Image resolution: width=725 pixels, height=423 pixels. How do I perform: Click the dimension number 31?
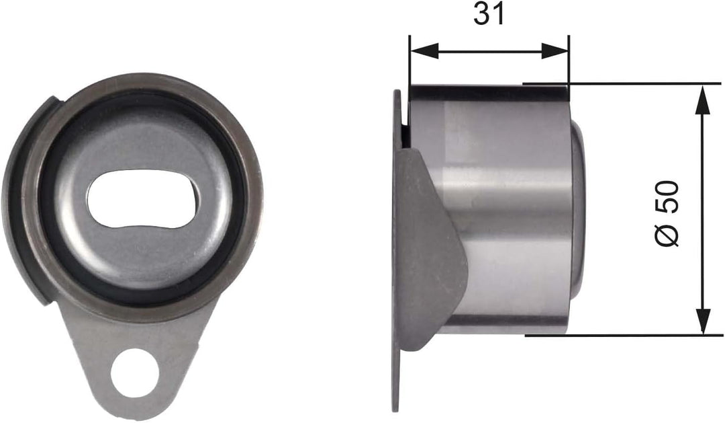pyautogui.click(x=488, y=15)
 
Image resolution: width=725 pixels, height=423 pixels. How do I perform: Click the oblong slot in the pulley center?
pyautogui.click(x=142, y=199)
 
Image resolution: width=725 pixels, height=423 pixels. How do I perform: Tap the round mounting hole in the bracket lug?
pyautogui.click(x=136, y=371)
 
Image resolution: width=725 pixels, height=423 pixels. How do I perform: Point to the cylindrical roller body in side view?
pyautogui.click(x=510, y=208)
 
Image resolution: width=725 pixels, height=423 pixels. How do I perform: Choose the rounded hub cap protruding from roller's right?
pyautogui.click(x=579, y=208)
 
